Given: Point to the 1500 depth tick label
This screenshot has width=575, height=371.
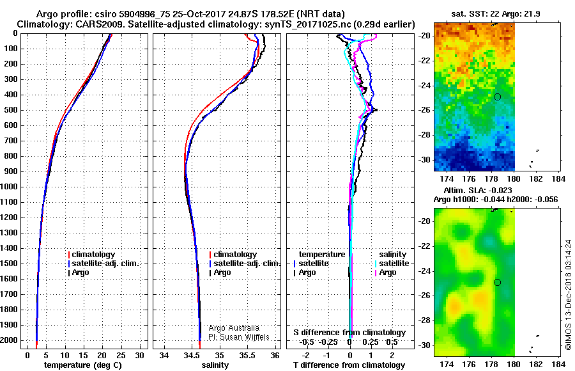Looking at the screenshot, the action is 9,264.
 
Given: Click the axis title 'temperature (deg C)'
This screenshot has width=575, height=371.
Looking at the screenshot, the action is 83,365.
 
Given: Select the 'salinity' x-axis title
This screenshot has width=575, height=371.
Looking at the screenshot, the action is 215,365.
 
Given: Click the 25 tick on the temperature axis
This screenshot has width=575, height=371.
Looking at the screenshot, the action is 121,356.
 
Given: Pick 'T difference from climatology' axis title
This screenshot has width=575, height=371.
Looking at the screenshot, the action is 349,365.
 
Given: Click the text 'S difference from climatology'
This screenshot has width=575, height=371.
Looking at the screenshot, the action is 349,333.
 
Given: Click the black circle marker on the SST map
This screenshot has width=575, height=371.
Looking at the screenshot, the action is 497,97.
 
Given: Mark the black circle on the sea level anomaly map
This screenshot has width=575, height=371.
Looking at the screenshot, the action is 497,283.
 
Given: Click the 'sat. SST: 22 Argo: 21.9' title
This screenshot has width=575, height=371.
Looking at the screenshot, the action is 495,14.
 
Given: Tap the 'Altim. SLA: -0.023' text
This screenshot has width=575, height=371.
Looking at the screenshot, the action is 478,191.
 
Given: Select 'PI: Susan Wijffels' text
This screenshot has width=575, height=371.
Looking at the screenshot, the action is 239,337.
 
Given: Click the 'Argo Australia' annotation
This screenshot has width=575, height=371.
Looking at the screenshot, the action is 234,328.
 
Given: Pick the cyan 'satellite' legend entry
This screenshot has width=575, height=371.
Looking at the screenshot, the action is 392,264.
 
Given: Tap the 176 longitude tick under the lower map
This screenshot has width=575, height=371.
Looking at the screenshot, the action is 469,364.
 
